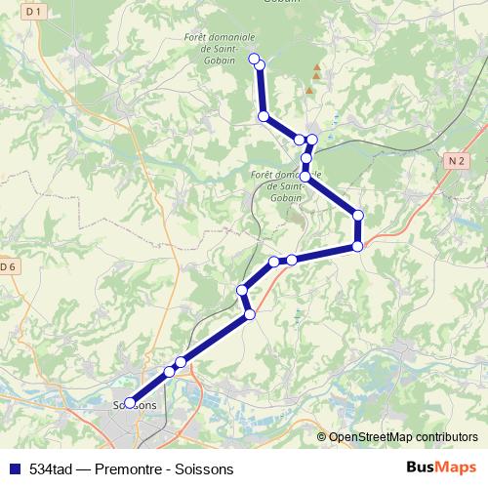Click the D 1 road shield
click(x=35, y=11)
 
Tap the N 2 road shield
click(x=455, y=160)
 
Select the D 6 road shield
click(x=8, y=266)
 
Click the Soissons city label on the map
click(x=135, y=405)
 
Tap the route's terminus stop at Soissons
click(x=130, y=402)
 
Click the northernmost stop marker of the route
click(x=255, y=61)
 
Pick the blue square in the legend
click(x=13, y=468)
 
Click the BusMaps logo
click(x=440, y=467)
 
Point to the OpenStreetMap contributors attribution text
click(x=403, y=437)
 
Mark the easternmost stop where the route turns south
click(x=358, y=215)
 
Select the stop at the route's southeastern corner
click(x=358, y=247)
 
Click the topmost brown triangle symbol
click(x=315, y=68)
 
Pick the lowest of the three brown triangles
click(x=309, y=90)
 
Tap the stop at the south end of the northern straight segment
click(x=264, y=116)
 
